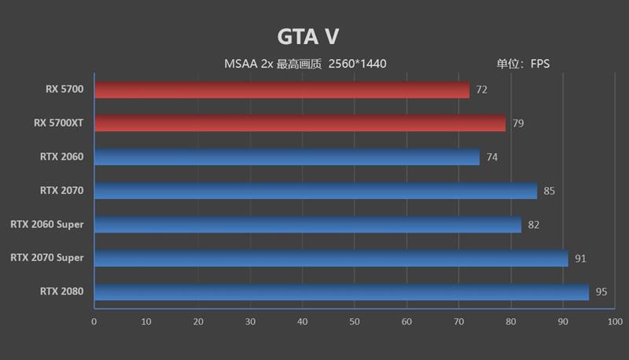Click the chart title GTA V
coord(307,37)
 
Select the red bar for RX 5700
coord(281,90)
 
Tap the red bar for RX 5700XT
coord(300,123)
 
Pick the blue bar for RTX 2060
coord(287,157)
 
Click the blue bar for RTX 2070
coord(315,190)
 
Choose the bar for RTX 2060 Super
coord(307,225)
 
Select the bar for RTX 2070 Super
coord(331,259)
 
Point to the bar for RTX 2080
coord(341,292)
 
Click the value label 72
coord(481,90)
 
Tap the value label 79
coord(517,123)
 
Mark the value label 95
coord(601,292)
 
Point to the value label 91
coord(580,259)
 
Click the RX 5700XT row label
coord(59,123)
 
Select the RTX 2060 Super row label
coord(47,225)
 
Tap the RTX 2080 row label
coord(62,292)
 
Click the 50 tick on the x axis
coord(355,321)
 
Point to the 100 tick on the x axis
coord(615,321)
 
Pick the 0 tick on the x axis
coord(94,321)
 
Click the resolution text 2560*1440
coord(358,64)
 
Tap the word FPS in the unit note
coord(540,64)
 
